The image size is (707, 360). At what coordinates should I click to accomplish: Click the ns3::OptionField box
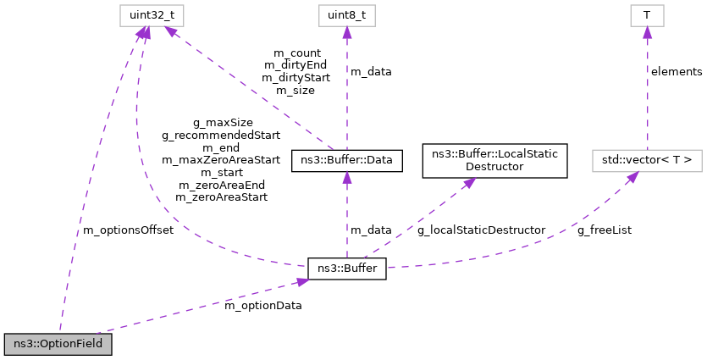[x=58, y=344]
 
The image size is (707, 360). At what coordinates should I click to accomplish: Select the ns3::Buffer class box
[x=347, y=269]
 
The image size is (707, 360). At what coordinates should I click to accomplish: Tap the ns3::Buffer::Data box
[x=346, y=159]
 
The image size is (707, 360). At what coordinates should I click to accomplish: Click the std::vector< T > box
[x=646, y=159]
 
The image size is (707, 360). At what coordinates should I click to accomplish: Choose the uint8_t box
[x=346, y=14]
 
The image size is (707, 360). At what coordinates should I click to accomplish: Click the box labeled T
[x=646, y=14]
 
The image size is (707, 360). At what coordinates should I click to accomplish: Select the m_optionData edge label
[x=262, y=305]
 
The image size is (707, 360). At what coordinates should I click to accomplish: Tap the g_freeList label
[x=605, y=230]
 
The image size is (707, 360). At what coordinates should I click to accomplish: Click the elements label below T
[x=676, y=72]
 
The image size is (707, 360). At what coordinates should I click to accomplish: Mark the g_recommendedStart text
[x=221, y=135]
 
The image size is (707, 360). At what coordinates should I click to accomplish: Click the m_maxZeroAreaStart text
[x=221, y=159]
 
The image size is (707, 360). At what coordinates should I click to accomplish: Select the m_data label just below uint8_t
[x=371, y=72]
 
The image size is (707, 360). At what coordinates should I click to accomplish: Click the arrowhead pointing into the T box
[x=646, y=30]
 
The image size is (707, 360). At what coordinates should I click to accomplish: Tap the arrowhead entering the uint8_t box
[x=346, y=30]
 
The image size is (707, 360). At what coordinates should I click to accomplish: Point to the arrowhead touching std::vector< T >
[x=632, y=177]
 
